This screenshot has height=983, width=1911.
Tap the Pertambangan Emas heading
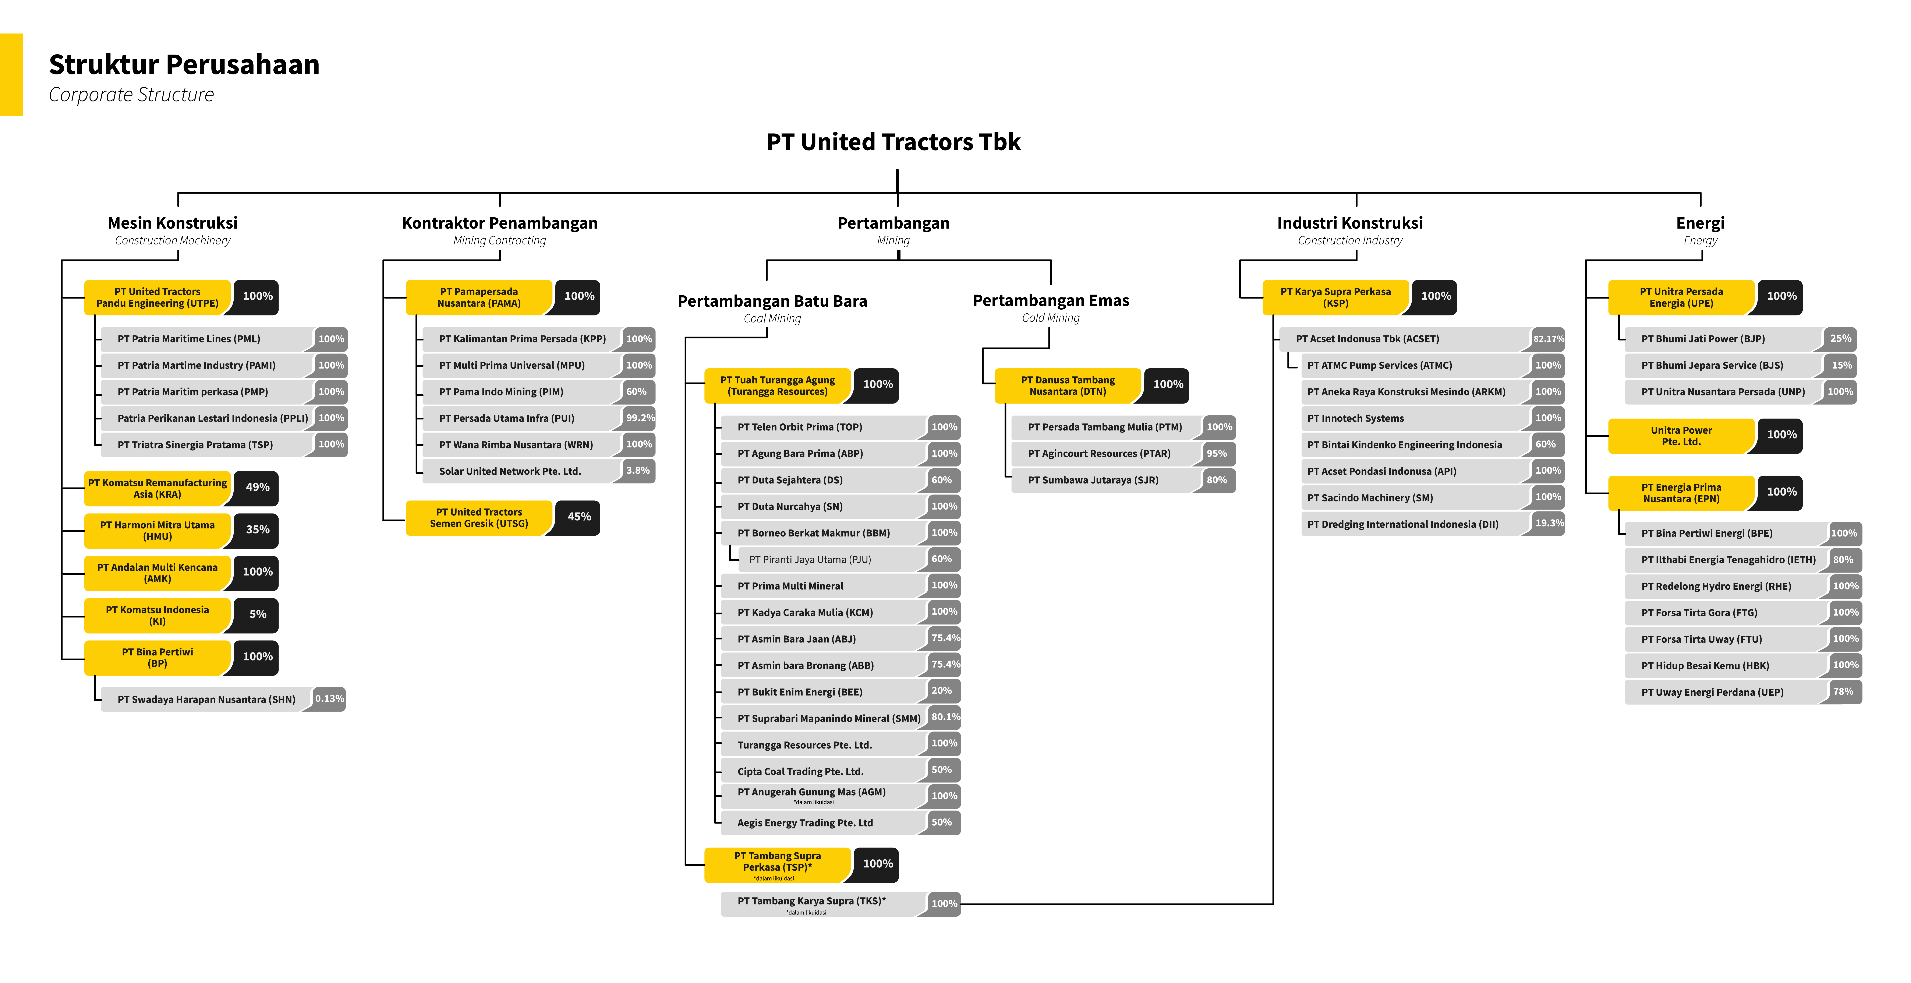click(x=1050, y=300)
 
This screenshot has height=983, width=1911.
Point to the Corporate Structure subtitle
click(x=131, y=95)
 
